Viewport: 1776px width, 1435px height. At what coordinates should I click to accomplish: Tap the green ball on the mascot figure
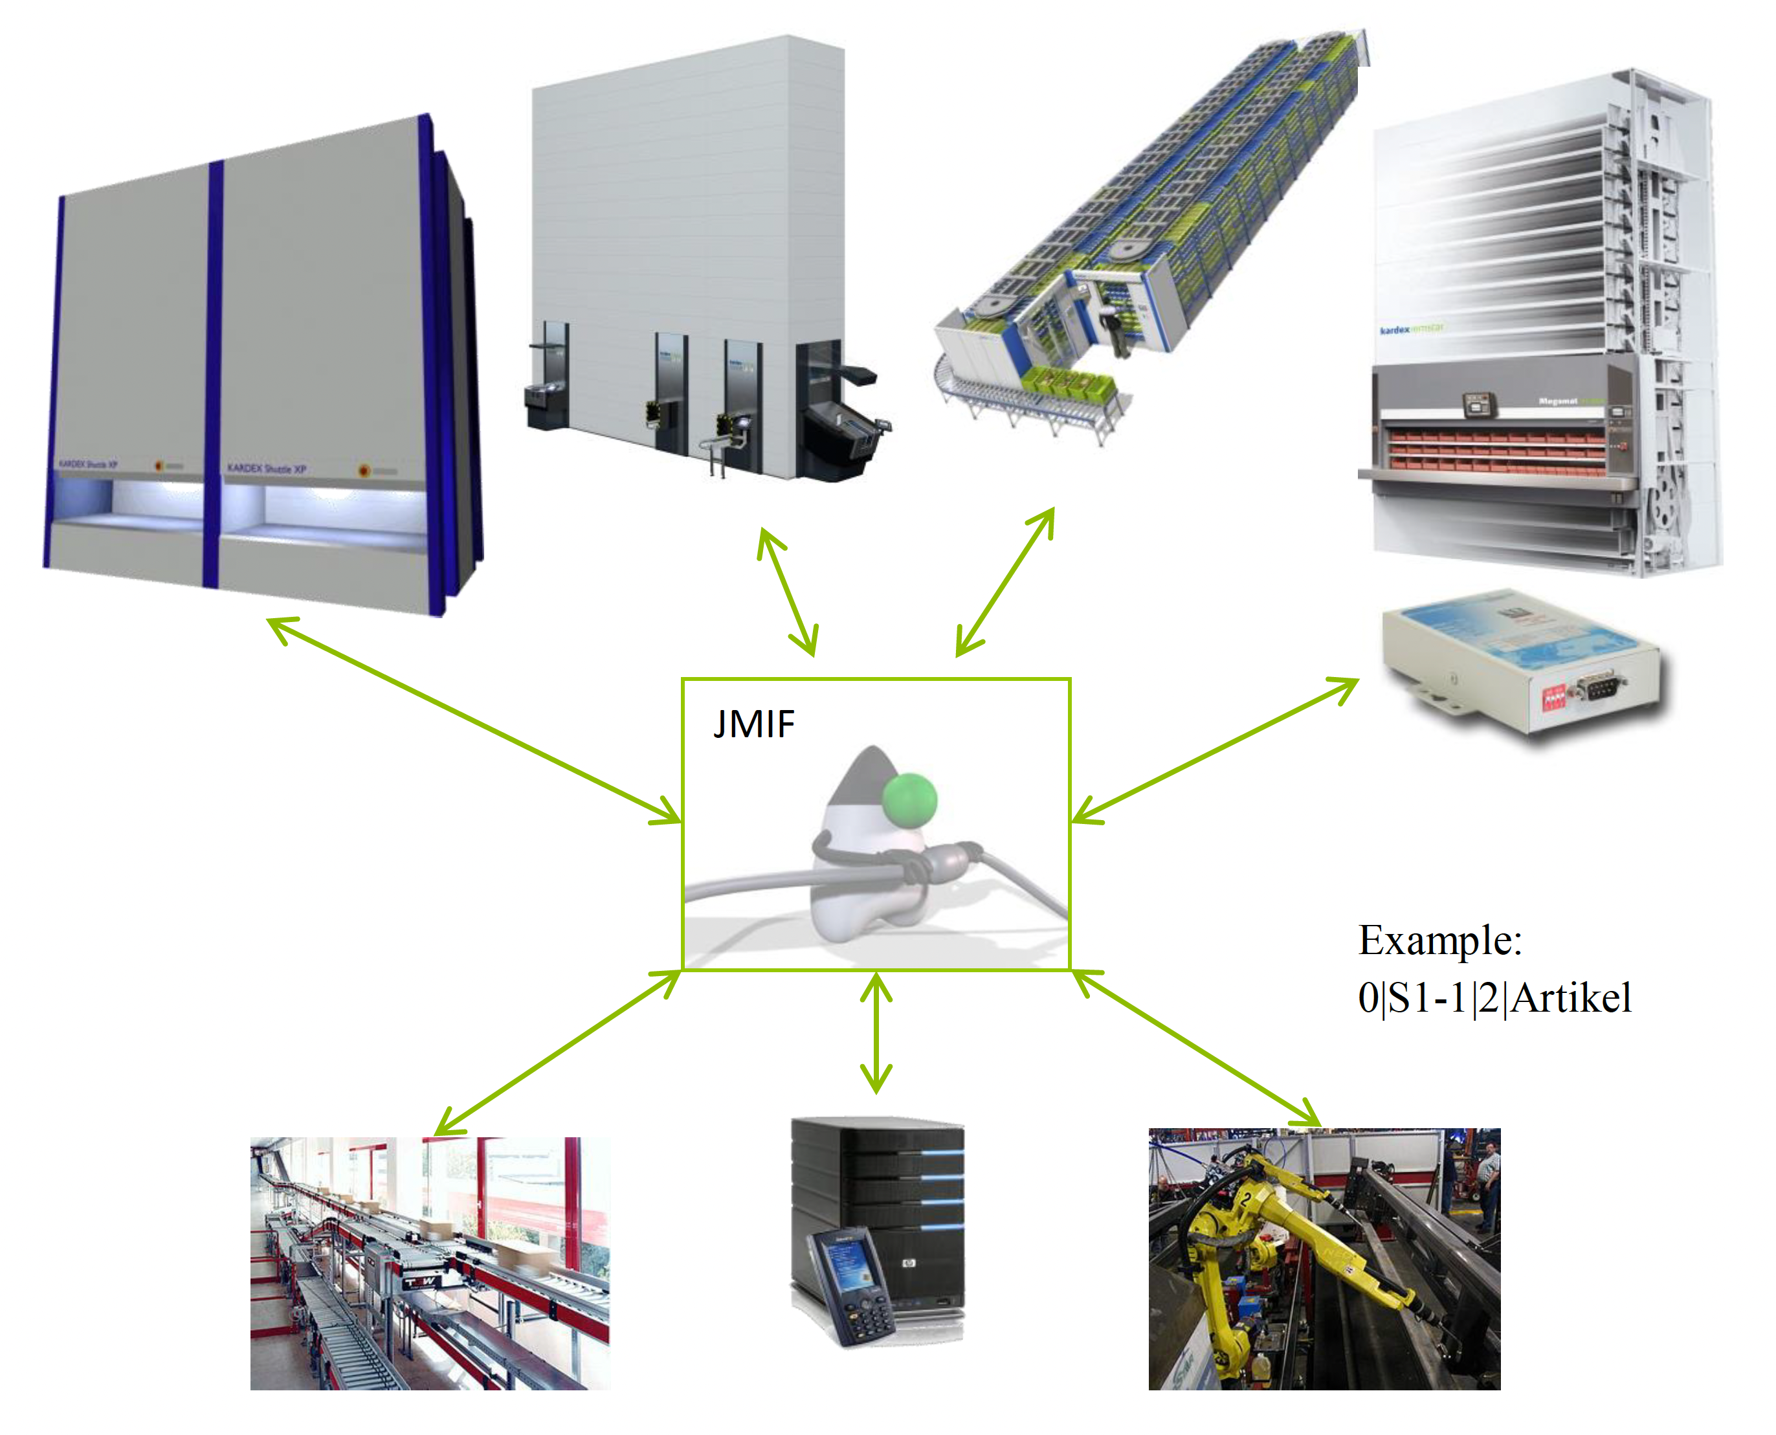[909, 799]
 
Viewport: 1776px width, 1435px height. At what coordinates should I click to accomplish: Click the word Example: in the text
[1439, 940]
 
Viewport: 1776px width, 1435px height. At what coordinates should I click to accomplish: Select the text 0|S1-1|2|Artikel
[1494, 997]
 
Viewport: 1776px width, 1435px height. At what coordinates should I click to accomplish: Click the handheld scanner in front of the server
[847, 1285]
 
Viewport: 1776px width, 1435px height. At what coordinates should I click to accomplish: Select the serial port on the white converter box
[1597, 688]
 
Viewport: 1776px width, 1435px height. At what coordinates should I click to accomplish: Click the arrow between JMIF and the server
[876, 1033]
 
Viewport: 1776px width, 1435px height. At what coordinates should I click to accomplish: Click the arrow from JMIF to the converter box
[1215, 751]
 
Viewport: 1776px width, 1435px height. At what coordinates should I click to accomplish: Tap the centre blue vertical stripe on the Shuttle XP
[213, 372]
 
